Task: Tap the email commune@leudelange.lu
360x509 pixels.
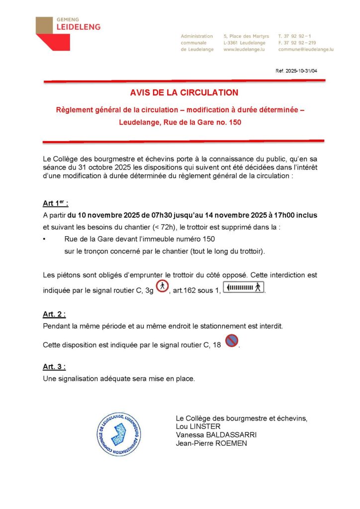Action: click(305, 50)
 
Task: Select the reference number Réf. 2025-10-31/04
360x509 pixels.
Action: click(296, 71)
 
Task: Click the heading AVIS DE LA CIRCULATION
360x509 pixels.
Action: click(184, 92)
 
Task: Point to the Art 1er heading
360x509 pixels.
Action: click(55, 203)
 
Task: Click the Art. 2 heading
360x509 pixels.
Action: click(54, 314)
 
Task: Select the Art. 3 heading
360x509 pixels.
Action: click(54, 367)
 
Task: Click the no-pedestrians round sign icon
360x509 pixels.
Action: click(162, 286)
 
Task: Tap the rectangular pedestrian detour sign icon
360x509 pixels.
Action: click(243, 287)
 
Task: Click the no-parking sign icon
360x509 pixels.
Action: click(231, 340)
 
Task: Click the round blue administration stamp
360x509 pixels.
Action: click(118, 434)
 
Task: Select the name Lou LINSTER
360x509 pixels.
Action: click(198, 426)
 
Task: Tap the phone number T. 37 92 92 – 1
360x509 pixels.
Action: click(295, 36)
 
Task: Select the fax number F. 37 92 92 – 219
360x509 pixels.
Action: click(297, 43)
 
